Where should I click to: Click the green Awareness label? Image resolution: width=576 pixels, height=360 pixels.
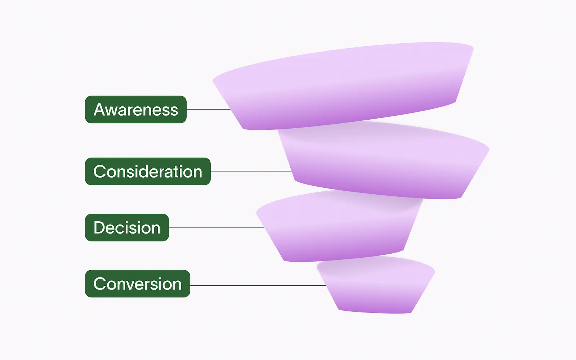tap(135, 110)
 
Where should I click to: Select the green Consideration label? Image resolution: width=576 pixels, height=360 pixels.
tap(148, 172)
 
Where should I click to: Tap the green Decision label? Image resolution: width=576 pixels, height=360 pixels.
tap(127, 228)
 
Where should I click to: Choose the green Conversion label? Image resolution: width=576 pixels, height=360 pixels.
tap(137, 284)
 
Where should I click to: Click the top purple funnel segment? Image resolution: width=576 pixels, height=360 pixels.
tap(342, 86)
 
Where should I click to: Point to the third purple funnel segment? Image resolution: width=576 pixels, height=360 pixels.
tap(339, 227)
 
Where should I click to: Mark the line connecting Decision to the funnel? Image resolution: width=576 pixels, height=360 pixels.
tap(216, 227)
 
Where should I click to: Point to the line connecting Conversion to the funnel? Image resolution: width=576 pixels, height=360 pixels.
tap(258, 285)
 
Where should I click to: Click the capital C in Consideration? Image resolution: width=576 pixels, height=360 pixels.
tap(100, 172)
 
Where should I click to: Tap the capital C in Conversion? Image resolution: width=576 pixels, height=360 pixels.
tap(100, 284)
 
